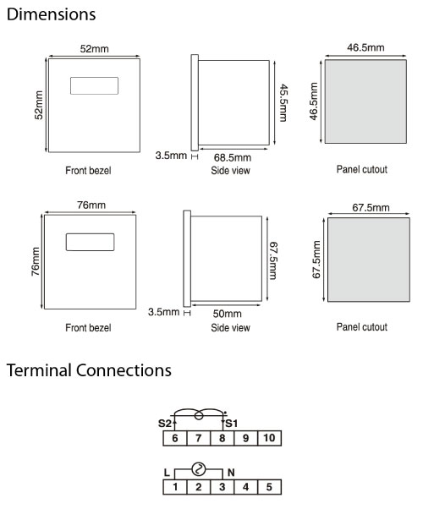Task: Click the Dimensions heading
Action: click(x=51, y=14)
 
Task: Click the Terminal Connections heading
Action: click(x=89, y=370)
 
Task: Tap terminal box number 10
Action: click(x=269, y=438)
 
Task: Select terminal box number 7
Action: click(x=199, y=438)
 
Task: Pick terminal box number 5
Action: click(x=269, y=487)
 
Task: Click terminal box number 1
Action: click(x=175, y=487)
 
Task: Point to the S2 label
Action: click(x=164, y=424)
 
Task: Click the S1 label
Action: click(x=232, y=424)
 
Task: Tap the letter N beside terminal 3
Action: click(x=231, y=473)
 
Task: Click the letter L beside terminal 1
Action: click(x=167, y=473)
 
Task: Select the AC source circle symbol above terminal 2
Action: click(x=199, y=469)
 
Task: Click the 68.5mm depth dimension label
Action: click(x=233, y=158)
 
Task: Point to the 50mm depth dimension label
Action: click(x=227, y=314)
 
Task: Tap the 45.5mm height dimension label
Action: click(x=283, y=102)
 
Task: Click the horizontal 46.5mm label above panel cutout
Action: click(x=365, y=47)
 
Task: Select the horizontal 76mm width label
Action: click(x=91, y=205)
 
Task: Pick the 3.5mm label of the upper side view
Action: click(x=171, y=156)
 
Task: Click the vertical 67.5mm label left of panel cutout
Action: click(x=316, y=260)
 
